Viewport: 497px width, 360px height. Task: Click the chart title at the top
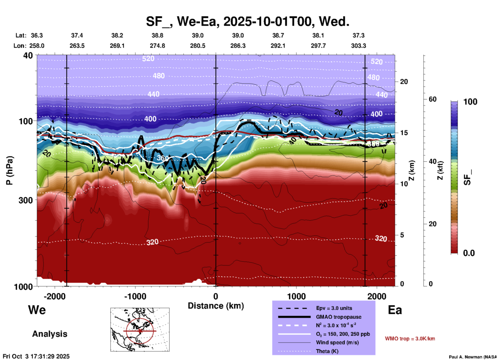click(247, 21)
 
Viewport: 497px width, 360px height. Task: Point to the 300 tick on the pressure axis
click(26, 200)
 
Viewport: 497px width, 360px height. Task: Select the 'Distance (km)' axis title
click(216, 306)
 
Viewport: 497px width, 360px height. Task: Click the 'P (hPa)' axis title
click(10, 170)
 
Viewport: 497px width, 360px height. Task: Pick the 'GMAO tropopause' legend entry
click(339, 317)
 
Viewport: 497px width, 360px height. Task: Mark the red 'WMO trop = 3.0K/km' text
click(410, 339)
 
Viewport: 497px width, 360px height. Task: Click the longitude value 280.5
click(198, 46)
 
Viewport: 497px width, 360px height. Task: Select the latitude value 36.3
click(37, 35)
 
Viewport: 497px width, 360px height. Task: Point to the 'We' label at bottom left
click(37, 310)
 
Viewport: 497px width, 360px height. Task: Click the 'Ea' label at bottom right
click(395, 310)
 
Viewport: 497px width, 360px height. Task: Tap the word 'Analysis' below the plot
click(50, 334)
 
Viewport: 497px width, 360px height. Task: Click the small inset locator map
click(140, 330)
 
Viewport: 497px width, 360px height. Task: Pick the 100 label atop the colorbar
click(470, 102)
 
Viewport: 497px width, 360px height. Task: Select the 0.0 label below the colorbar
click(469, 253)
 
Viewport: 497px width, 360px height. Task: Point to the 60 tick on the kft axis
click(432, 99)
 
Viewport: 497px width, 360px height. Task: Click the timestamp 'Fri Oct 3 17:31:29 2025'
click(36, 356)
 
